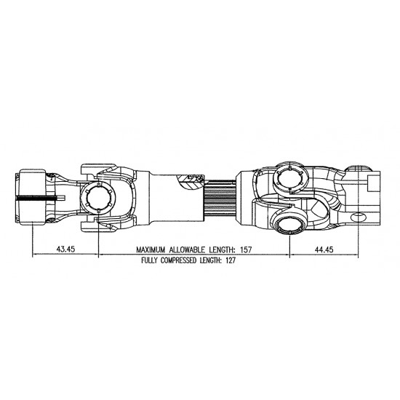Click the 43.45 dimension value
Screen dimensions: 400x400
[x=65, y=249]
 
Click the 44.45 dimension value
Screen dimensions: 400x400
[x=324, y=249]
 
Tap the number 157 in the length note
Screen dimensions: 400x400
[x=246, y=249]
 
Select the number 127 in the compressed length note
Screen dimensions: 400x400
[x=231, y=260]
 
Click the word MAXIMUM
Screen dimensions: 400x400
[x=151, y=249]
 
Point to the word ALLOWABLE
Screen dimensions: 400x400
[x=187, y=249]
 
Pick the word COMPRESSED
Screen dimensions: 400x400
[x=179, y=260]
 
